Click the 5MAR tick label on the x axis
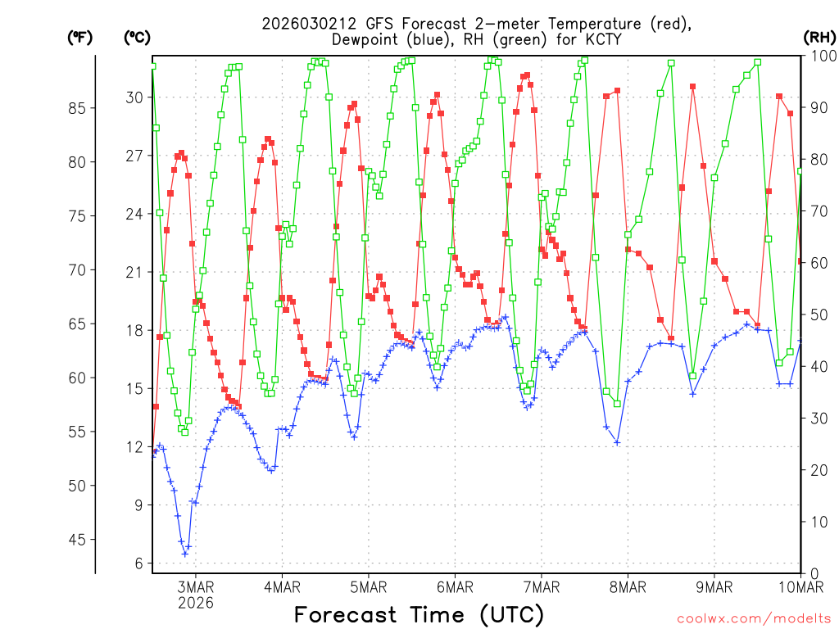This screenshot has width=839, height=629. [x=368, y=586]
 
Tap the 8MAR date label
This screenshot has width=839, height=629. [x=628, y=586]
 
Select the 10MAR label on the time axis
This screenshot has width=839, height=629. [x=800, y=586]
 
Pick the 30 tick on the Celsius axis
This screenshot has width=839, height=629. [x=134, y=97]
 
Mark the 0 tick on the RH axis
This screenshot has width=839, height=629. [x=813, y=573]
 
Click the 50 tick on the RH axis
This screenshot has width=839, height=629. [x=817, y=314]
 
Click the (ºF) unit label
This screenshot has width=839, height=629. [x=79, y=37]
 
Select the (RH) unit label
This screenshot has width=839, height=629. [x=819, y=37]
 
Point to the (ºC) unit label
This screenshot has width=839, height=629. [x=136, y=37]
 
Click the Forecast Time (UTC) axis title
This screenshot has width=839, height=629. [x=419, y=614]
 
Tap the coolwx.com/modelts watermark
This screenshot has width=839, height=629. [x=754, y=618]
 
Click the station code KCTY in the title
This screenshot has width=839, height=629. [x=601, y=39]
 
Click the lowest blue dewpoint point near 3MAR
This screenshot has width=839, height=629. [x=185, y=554]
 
